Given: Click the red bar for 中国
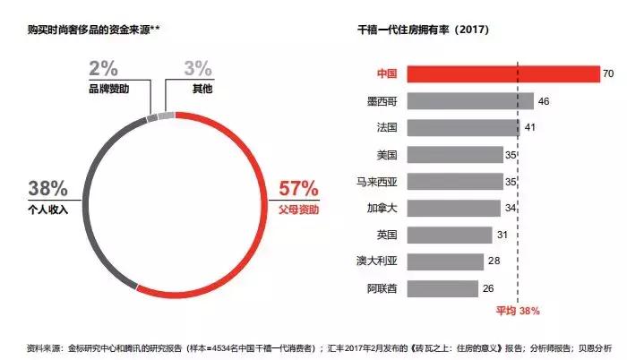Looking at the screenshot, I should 502,73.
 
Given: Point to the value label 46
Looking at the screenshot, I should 543,101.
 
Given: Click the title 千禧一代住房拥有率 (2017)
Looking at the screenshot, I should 423,30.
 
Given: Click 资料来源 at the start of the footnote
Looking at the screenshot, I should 46,345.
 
